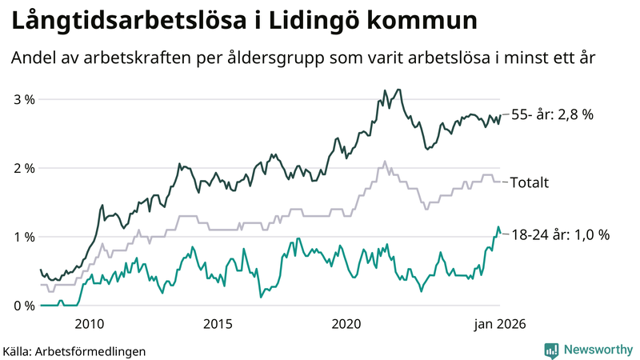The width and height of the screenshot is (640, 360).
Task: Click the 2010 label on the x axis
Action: click(89, 323)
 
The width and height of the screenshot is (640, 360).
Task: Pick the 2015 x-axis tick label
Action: click(218, 323)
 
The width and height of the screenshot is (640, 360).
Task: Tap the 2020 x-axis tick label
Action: click(346, 323)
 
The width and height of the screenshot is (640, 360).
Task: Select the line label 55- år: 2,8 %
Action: click(552, 115)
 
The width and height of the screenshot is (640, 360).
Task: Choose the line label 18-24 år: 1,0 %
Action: click(560, 235)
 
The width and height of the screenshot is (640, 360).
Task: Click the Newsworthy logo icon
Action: click(551, 350)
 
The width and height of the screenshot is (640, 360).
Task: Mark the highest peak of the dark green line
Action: click(398, 90)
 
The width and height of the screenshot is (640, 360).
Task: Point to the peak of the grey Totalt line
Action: click(385, 161)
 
